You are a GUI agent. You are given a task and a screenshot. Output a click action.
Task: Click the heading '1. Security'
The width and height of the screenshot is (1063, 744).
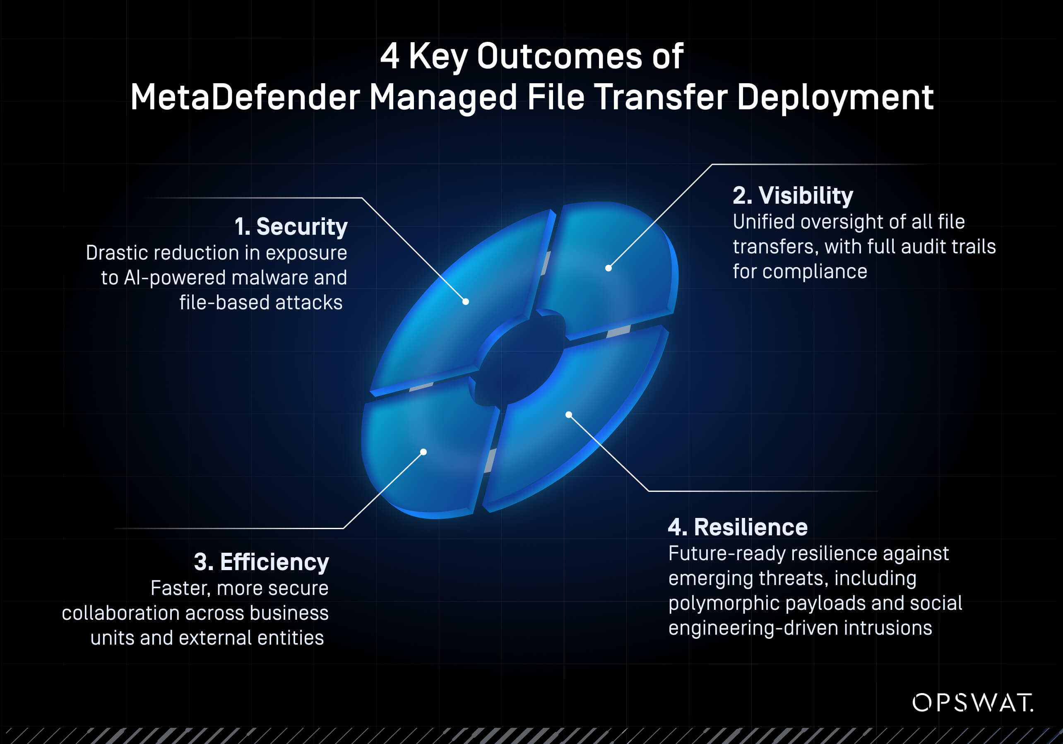point(291,227)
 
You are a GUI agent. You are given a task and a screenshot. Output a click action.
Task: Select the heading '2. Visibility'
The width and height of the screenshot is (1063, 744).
point(793,195)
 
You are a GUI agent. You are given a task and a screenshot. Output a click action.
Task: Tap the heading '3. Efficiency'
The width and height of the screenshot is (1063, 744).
point(261,562)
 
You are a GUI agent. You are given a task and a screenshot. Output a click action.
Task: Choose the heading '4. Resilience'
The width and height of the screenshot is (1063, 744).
point(738,527)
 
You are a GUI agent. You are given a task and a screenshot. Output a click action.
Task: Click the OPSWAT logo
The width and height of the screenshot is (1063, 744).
point(972,703)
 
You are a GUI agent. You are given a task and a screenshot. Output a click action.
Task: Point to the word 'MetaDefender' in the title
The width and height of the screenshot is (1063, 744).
point(245,97)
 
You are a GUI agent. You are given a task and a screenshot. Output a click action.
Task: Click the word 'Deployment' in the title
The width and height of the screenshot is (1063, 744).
point(835,97)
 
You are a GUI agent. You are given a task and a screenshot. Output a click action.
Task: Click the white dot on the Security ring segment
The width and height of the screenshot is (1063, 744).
point(466,302)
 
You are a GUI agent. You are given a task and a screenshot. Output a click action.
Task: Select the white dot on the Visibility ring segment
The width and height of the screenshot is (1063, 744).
point(608,268)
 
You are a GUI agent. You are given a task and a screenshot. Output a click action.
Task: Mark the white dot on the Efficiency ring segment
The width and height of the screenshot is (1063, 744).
point(423,452)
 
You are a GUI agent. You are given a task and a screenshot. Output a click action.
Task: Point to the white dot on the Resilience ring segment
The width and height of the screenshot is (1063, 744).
point(568,414)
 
